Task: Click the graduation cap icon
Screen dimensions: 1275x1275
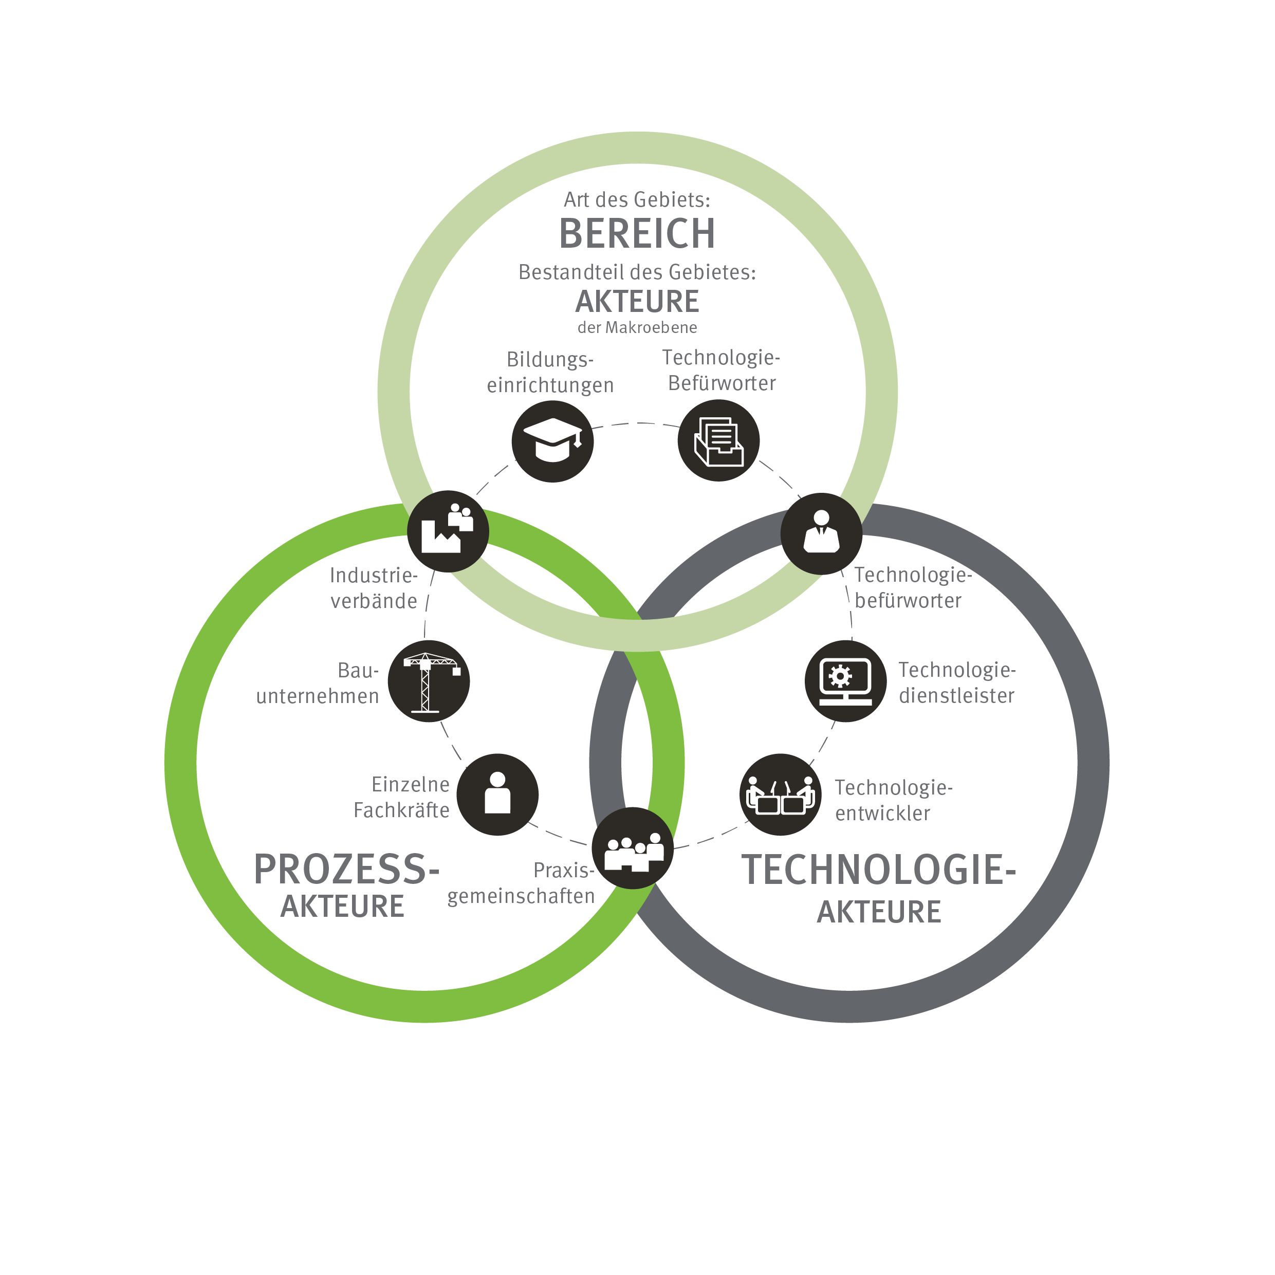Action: tap(552, 441)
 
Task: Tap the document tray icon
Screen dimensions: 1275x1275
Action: tap(718, 441)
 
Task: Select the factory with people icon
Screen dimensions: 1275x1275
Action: tap(448, 531)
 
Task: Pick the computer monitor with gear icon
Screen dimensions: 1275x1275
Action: tap(846, 681)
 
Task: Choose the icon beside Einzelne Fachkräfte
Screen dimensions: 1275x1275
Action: tap(497, 794)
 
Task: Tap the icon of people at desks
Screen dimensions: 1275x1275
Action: tap(781, 794)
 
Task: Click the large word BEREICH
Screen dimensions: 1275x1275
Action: tap(637, 234)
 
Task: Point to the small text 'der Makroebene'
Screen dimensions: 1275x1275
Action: tap(637, 327)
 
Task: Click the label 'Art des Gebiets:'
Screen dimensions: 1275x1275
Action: tap(637, 199)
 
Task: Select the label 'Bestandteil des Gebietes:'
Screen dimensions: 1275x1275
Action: tap(637, 272)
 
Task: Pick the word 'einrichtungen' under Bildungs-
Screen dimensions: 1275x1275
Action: tap(550, 385)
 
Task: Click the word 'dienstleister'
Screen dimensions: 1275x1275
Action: tap(957, 696)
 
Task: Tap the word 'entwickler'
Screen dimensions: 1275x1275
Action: tap(883, 814)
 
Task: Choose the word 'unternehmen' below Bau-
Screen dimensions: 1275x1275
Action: tap(318, 696)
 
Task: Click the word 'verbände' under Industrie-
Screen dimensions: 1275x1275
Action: tap(374, 601)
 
